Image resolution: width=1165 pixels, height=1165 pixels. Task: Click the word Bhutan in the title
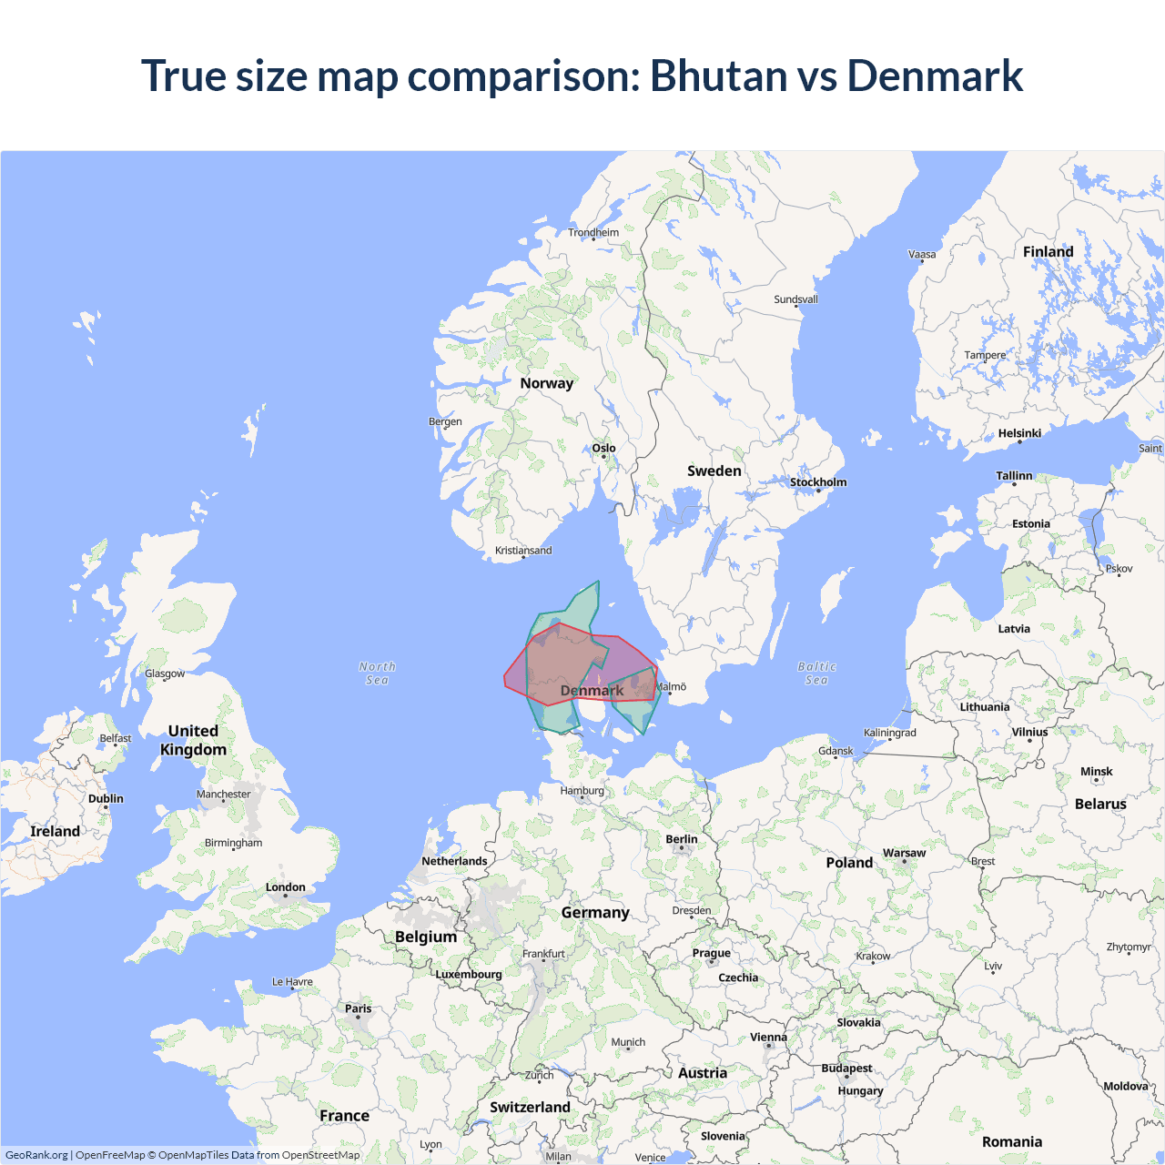(x=718, y=76)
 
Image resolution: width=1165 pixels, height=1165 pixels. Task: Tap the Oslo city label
(x=603, y=448)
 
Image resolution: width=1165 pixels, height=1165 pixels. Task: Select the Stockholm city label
(x=817, y=482)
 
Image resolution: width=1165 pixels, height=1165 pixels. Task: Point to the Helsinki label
(x=1019, y=433)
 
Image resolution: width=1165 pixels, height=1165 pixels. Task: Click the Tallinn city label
(x=1014, y=476)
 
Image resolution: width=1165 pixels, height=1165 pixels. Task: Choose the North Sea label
(x=377, y=674)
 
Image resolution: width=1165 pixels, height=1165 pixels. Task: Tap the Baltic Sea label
(x=816, y=674)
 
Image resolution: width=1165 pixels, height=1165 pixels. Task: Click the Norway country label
(x=546, y=383)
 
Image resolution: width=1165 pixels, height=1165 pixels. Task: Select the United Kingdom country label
(x=193, y=740)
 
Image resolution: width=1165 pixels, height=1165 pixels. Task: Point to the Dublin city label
(x=106, y=799)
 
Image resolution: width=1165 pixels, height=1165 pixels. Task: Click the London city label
(x=285, y=887)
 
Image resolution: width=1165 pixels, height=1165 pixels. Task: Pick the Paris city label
(x=358, y=1008)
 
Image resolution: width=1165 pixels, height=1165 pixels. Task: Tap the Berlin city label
(x=681, y=840)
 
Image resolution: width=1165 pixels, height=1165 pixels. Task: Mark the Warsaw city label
(x=904, y=854)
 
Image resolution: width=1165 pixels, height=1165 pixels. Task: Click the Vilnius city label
(x=1029, y=732)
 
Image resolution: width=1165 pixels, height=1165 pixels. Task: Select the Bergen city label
(x=445, y=421)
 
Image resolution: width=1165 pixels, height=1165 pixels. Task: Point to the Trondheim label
(x=593, y=232)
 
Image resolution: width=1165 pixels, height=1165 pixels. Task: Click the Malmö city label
(x=672, y=687)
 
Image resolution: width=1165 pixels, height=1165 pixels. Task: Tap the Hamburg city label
(x=582, y=791)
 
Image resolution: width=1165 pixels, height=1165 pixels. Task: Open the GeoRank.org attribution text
(x=36, y=1155)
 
